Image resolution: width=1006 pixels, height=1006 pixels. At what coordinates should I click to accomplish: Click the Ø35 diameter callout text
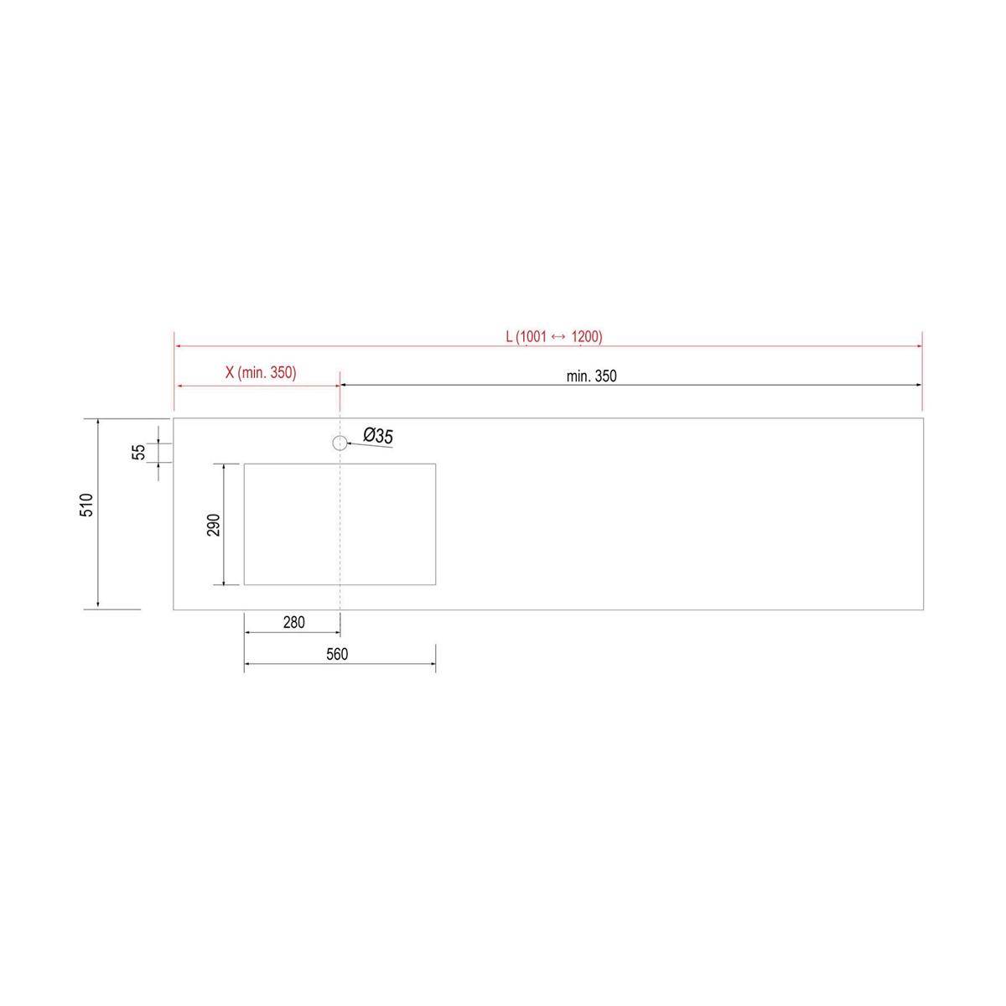coord(378,435)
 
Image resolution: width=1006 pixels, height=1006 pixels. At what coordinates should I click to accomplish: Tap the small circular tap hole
coord(340,443)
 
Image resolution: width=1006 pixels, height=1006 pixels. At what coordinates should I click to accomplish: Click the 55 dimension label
coord(138,452)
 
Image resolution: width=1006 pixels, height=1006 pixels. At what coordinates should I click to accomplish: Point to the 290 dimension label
coord(214,525)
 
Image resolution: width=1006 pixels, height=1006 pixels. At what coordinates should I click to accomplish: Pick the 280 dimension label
coord(294,622)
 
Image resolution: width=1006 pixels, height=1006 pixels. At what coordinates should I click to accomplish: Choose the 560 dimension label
coord(337,654)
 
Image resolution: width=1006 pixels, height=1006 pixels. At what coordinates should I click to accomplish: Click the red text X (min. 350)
coord(261,373)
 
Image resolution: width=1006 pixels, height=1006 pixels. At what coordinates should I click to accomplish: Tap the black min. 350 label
coord(592,376)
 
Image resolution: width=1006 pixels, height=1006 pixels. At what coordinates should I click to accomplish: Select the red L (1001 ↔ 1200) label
coord(554,337)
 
